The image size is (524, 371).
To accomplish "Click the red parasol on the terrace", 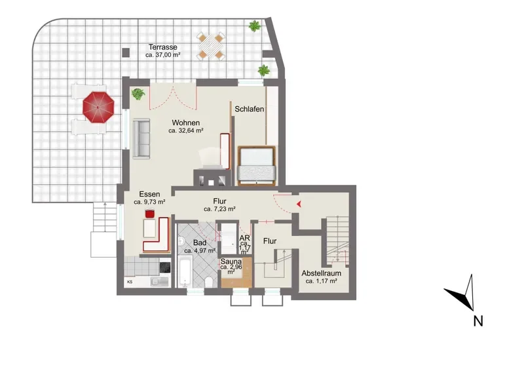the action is point(99,107).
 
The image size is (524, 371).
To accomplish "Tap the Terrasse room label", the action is point(162,47).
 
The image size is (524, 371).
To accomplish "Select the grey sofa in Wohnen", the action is point(141,138).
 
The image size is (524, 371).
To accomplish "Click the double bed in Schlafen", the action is point(256,166).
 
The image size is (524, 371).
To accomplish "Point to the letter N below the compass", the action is point(478,321).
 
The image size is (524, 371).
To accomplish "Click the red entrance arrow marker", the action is point(299,203).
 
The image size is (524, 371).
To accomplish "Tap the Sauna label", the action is point(231,262).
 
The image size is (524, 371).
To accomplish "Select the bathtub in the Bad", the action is point(185,271).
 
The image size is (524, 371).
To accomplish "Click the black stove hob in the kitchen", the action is point(165,267).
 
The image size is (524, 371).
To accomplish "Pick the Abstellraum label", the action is point(321,273).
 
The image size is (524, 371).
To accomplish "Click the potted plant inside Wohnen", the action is point(138,94).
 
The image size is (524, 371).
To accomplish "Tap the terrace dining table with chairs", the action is point(210,46).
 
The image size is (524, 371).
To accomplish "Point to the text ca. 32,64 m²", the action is point(186,131).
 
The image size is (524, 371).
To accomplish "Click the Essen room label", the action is point(149,194).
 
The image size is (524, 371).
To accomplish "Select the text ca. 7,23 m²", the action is point(219,209).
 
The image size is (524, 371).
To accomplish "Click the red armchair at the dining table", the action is point(150,213).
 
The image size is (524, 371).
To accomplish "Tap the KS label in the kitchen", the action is point(130,282).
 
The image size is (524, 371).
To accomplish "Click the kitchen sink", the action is point(159,282).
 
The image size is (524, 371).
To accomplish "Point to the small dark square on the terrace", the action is point(126,52).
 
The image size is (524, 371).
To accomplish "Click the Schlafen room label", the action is point(250,109).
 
